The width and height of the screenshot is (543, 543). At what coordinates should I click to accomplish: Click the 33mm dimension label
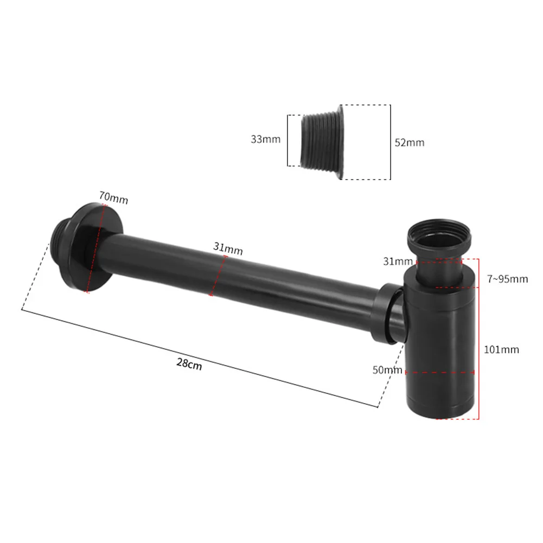click(x=265, y=139)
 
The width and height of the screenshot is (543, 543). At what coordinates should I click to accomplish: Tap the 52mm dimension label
click(x=409, y=143)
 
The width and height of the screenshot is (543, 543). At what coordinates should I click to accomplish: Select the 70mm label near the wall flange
click(x=113, y=199)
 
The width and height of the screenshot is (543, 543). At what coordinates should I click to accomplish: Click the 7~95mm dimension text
click(x=508, y=279)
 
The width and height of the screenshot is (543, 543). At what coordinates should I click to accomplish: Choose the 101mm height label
click(x=501, y=350)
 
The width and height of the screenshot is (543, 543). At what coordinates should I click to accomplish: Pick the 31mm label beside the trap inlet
click(x=398, y=261)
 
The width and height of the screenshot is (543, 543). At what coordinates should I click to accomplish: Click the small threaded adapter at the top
click(x=322, y=143)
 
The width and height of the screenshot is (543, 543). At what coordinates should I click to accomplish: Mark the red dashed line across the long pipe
click(x=218, y=276)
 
